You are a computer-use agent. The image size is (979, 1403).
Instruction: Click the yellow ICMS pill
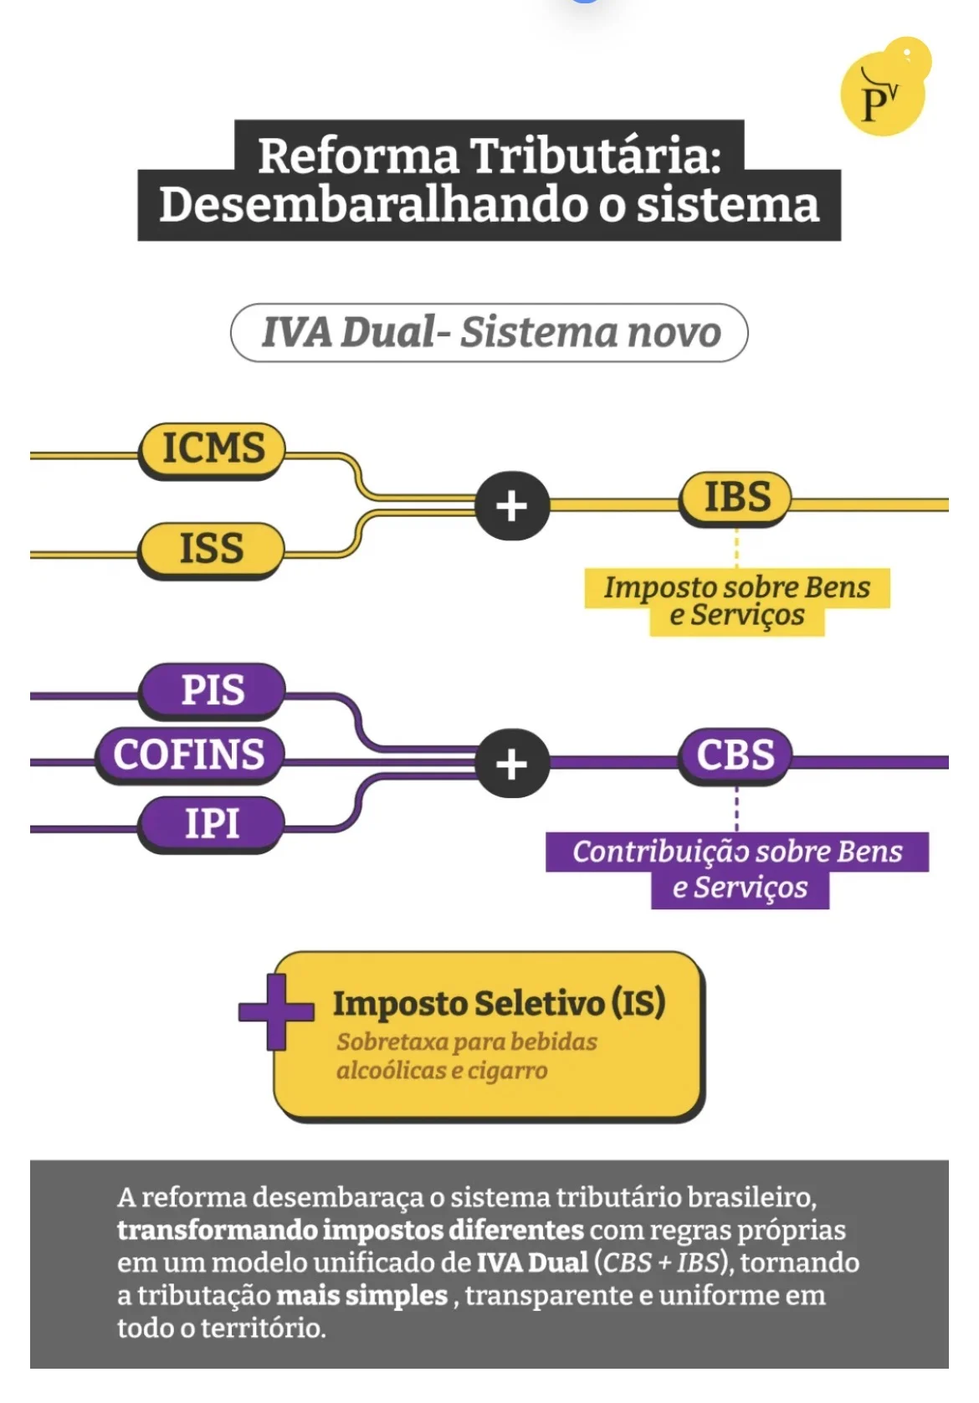[213, 448]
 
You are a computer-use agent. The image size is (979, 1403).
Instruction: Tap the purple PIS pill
[213, 691]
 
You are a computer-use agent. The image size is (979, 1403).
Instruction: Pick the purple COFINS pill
[189, 755]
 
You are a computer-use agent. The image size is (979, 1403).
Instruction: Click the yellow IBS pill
[736, 497]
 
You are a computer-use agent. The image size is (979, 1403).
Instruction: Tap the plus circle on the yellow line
[512, 506]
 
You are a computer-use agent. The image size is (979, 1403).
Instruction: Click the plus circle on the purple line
[512, 764]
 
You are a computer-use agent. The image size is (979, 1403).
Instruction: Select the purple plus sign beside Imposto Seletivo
[276, 1011]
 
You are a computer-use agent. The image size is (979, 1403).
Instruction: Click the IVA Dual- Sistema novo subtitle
[489, 332]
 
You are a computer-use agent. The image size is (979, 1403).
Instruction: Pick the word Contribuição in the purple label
[649, 852]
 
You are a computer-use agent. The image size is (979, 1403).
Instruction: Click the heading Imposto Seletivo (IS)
[499, 1003]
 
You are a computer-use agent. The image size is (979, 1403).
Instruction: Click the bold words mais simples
[361, 1295]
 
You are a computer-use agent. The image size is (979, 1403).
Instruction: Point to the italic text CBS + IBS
[661, 1262]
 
